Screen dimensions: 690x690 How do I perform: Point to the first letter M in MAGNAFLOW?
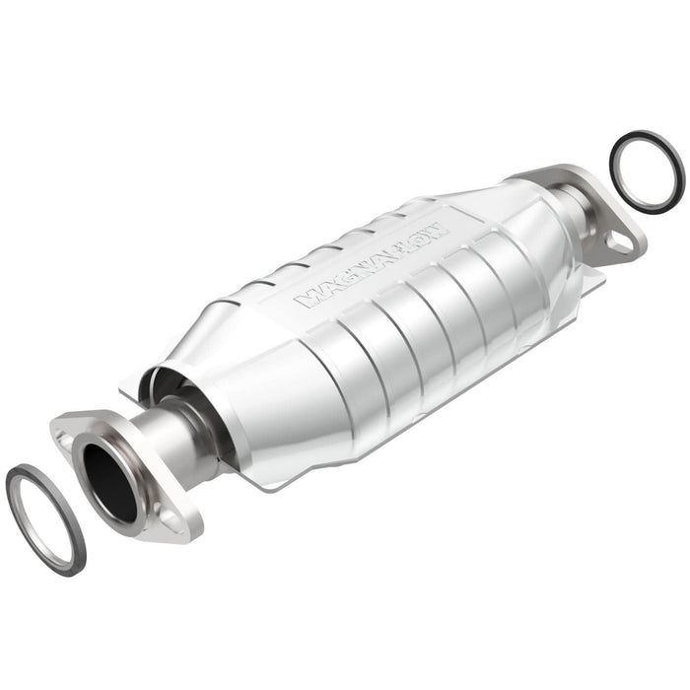tap(308, 297)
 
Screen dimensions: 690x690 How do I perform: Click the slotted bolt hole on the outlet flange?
tap(617, 240)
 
